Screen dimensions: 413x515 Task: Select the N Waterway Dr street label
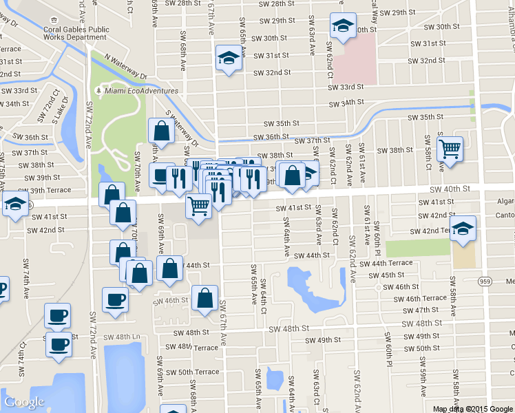tap(117, 67)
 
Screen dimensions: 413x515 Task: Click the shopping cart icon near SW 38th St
tap(450, 148)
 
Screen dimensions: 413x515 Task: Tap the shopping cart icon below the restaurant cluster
tap(199, 205)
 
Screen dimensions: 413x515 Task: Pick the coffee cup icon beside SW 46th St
tap(115, 299)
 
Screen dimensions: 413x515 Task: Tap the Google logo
tap(24, 402)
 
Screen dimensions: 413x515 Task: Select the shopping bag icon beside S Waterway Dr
tap(160, 130)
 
